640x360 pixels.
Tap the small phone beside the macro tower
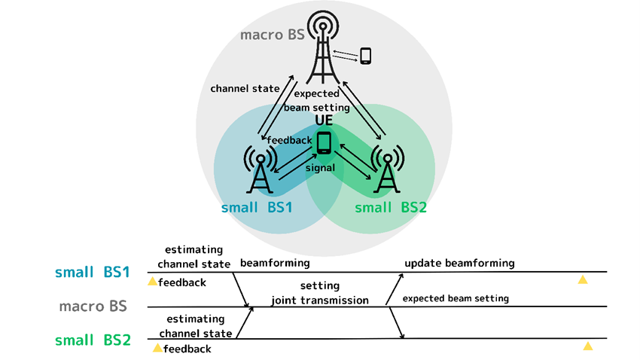pos(366,56)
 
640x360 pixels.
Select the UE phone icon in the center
pos(324,142)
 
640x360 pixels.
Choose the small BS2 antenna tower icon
pos(387,169)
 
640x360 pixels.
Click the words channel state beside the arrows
pos(245,89)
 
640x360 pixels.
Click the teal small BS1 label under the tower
pos(257,207)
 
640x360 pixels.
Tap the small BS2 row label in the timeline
pos(93,340)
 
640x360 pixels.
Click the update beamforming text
pos(459,263)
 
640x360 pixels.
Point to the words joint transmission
pos(319,300)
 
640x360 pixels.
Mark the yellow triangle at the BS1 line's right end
pos(582,279)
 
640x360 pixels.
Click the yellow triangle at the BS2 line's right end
pos(588,346)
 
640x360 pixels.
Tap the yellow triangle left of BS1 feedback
pos(152,282)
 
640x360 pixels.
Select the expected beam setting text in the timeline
pos(456,298)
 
